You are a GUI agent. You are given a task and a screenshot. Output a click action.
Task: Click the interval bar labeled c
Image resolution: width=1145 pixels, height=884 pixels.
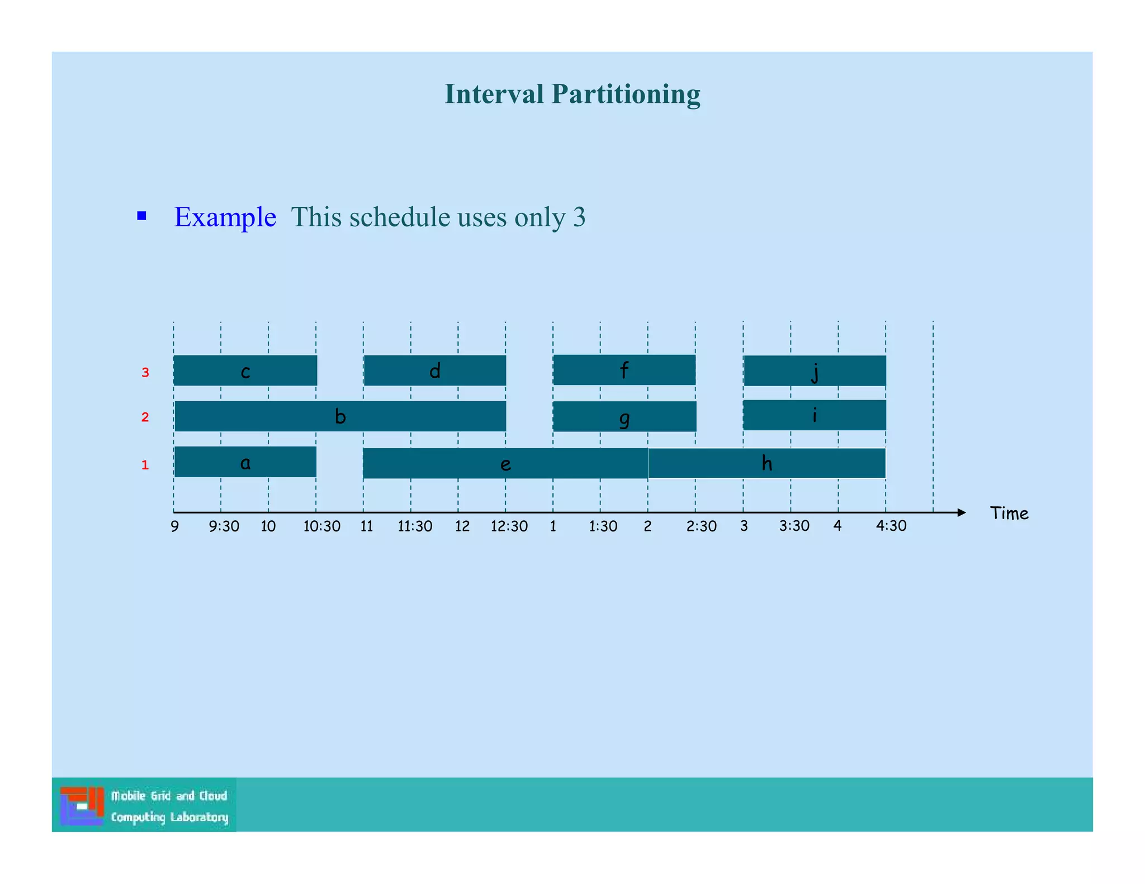[x=245, y=370]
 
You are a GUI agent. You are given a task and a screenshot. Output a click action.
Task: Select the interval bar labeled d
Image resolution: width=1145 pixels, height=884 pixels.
[x=434, y=370]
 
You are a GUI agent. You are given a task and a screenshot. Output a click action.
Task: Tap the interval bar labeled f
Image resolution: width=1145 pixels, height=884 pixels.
[x=624, y=370]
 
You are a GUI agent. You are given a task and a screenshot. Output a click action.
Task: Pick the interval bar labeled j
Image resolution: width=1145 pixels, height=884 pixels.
[x=815, y=370]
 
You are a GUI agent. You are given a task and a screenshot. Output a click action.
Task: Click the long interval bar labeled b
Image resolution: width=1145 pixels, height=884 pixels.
[x=340, y=416]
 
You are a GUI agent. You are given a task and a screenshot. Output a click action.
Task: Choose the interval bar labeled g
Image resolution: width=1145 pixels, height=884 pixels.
[x=624, y=417]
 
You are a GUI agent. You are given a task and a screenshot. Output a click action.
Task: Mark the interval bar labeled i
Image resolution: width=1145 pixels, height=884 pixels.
[x=814, y=415]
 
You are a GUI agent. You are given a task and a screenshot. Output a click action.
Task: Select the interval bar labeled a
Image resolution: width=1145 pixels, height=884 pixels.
[x=245, y=462]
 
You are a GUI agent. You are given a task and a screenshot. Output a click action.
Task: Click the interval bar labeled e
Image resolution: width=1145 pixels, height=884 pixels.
[x=505, y=463]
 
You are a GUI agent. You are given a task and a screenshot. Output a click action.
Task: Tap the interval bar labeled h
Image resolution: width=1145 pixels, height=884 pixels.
[x=767, y=463]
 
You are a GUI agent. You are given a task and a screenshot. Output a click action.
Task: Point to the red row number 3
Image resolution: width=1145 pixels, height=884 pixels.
[x=145, y=373]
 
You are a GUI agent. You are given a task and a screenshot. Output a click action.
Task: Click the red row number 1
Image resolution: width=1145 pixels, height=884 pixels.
[x=145, y=465]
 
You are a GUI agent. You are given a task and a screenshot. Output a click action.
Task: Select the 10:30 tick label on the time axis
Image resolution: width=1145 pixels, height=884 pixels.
[x=321, y=526]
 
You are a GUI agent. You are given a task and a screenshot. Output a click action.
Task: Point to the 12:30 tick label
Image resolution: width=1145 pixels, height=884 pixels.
[x=509, y=526]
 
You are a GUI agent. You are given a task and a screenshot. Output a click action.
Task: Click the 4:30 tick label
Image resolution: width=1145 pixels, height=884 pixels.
[x=891, y=526]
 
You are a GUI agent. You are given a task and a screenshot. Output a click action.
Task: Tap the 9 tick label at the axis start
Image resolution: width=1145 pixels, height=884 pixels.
[x=175, y=526]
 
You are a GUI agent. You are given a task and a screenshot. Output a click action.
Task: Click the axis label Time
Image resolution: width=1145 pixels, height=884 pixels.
[x=1009, y=514]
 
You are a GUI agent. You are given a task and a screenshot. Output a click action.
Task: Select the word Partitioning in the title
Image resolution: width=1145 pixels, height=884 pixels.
[x=626, y=94]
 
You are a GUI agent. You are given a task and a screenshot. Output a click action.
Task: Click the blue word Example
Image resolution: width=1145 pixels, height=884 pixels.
[x=225, y=217]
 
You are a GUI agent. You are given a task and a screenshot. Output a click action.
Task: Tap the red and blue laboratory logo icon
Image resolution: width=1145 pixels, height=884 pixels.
[x=82, y=805]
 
